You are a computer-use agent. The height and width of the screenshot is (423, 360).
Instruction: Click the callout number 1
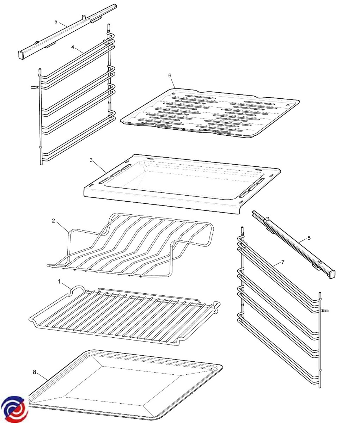(59, 282)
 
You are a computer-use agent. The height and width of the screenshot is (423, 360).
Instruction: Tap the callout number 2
(53, 221)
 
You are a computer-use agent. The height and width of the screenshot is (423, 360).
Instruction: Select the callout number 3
(91, 160)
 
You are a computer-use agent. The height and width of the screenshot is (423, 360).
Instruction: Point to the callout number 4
(73, 47)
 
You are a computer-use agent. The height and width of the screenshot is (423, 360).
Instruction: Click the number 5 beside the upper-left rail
(56, 22)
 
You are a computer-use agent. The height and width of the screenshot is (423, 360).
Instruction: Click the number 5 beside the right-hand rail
(309, 238)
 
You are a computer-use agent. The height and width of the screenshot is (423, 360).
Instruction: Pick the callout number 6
(170, 75)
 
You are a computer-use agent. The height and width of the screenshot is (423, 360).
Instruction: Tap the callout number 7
(283, 262)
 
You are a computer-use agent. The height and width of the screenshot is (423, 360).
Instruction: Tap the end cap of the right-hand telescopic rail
(332, 274)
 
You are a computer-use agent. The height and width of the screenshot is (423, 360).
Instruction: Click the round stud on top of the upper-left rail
(84, 17)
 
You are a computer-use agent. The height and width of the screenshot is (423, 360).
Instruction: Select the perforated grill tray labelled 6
(210, 113)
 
